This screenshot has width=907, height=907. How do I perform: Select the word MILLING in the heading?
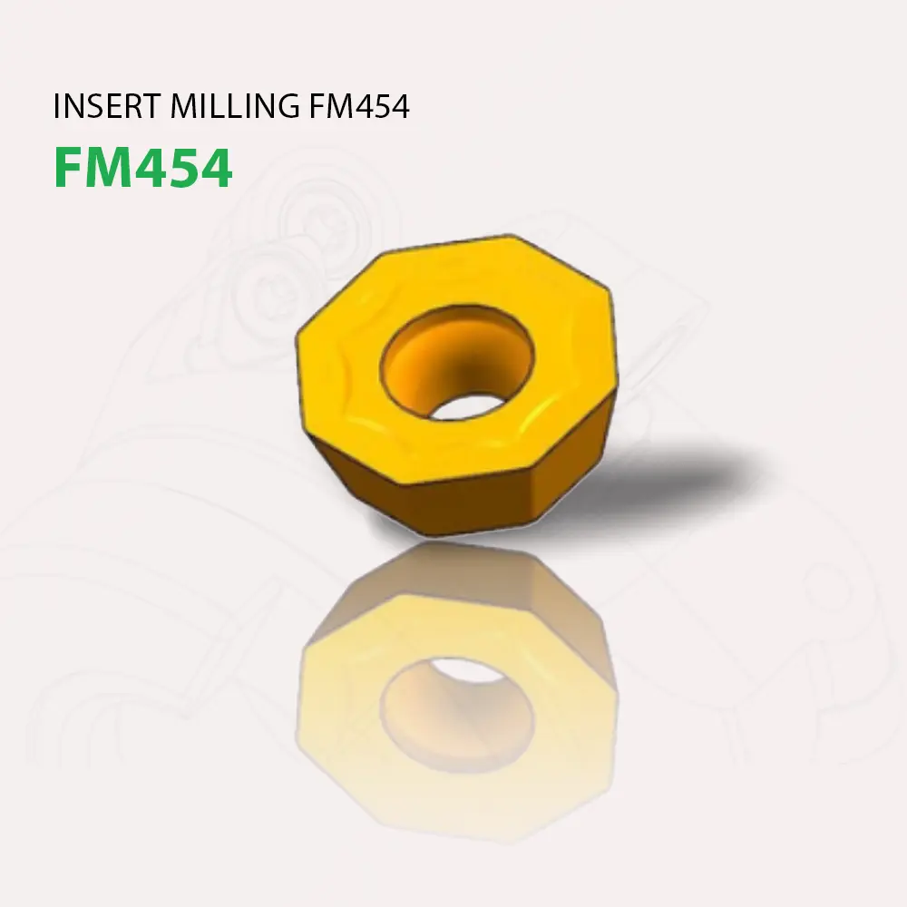[232, 107]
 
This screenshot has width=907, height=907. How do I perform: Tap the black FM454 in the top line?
[359, 107]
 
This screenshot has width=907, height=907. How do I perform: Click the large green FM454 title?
[142, 168]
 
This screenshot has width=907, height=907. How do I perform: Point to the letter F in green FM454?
[69, 168]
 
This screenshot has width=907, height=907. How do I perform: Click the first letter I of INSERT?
[58, 107]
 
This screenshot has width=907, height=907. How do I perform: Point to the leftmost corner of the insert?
[298, 340]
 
